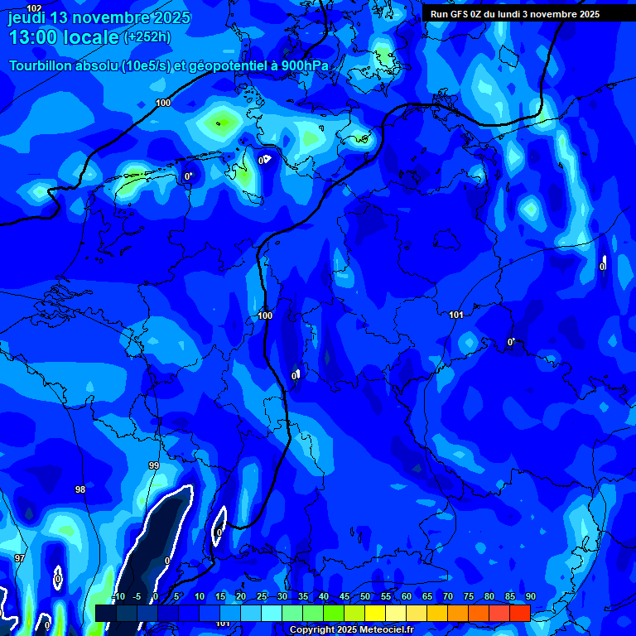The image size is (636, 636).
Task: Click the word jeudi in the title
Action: coord(26,17)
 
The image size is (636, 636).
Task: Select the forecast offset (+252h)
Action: coord(147,37)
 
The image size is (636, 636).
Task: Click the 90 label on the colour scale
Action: coord(530,597)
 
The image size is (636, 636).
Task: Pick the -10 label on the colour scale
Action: coord(118,597)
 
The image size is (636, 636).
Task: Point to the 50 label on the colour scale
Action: coord(365,597)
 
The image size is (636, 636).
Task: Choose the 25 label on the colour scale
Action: coord(262,597)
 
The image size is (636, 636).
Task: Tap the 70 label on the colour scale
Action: coord(448,597)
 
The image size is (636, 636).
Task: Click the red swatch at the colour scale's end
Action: coord(519,612)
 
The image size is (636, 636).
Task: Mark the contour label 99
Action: coord(154,466)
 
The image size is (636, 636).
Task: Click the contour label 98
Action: coord(80,489)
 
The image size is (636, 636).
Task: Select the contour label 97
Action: coord(19,559)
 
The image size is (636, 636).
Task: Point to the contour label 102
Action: coord(34,8)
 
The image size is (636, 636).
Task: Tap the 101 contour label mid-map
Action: coord(456,316)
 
